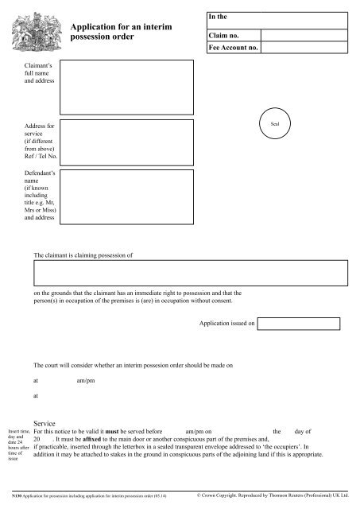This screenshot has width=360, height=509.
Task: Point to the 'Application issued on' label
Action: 226,324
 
